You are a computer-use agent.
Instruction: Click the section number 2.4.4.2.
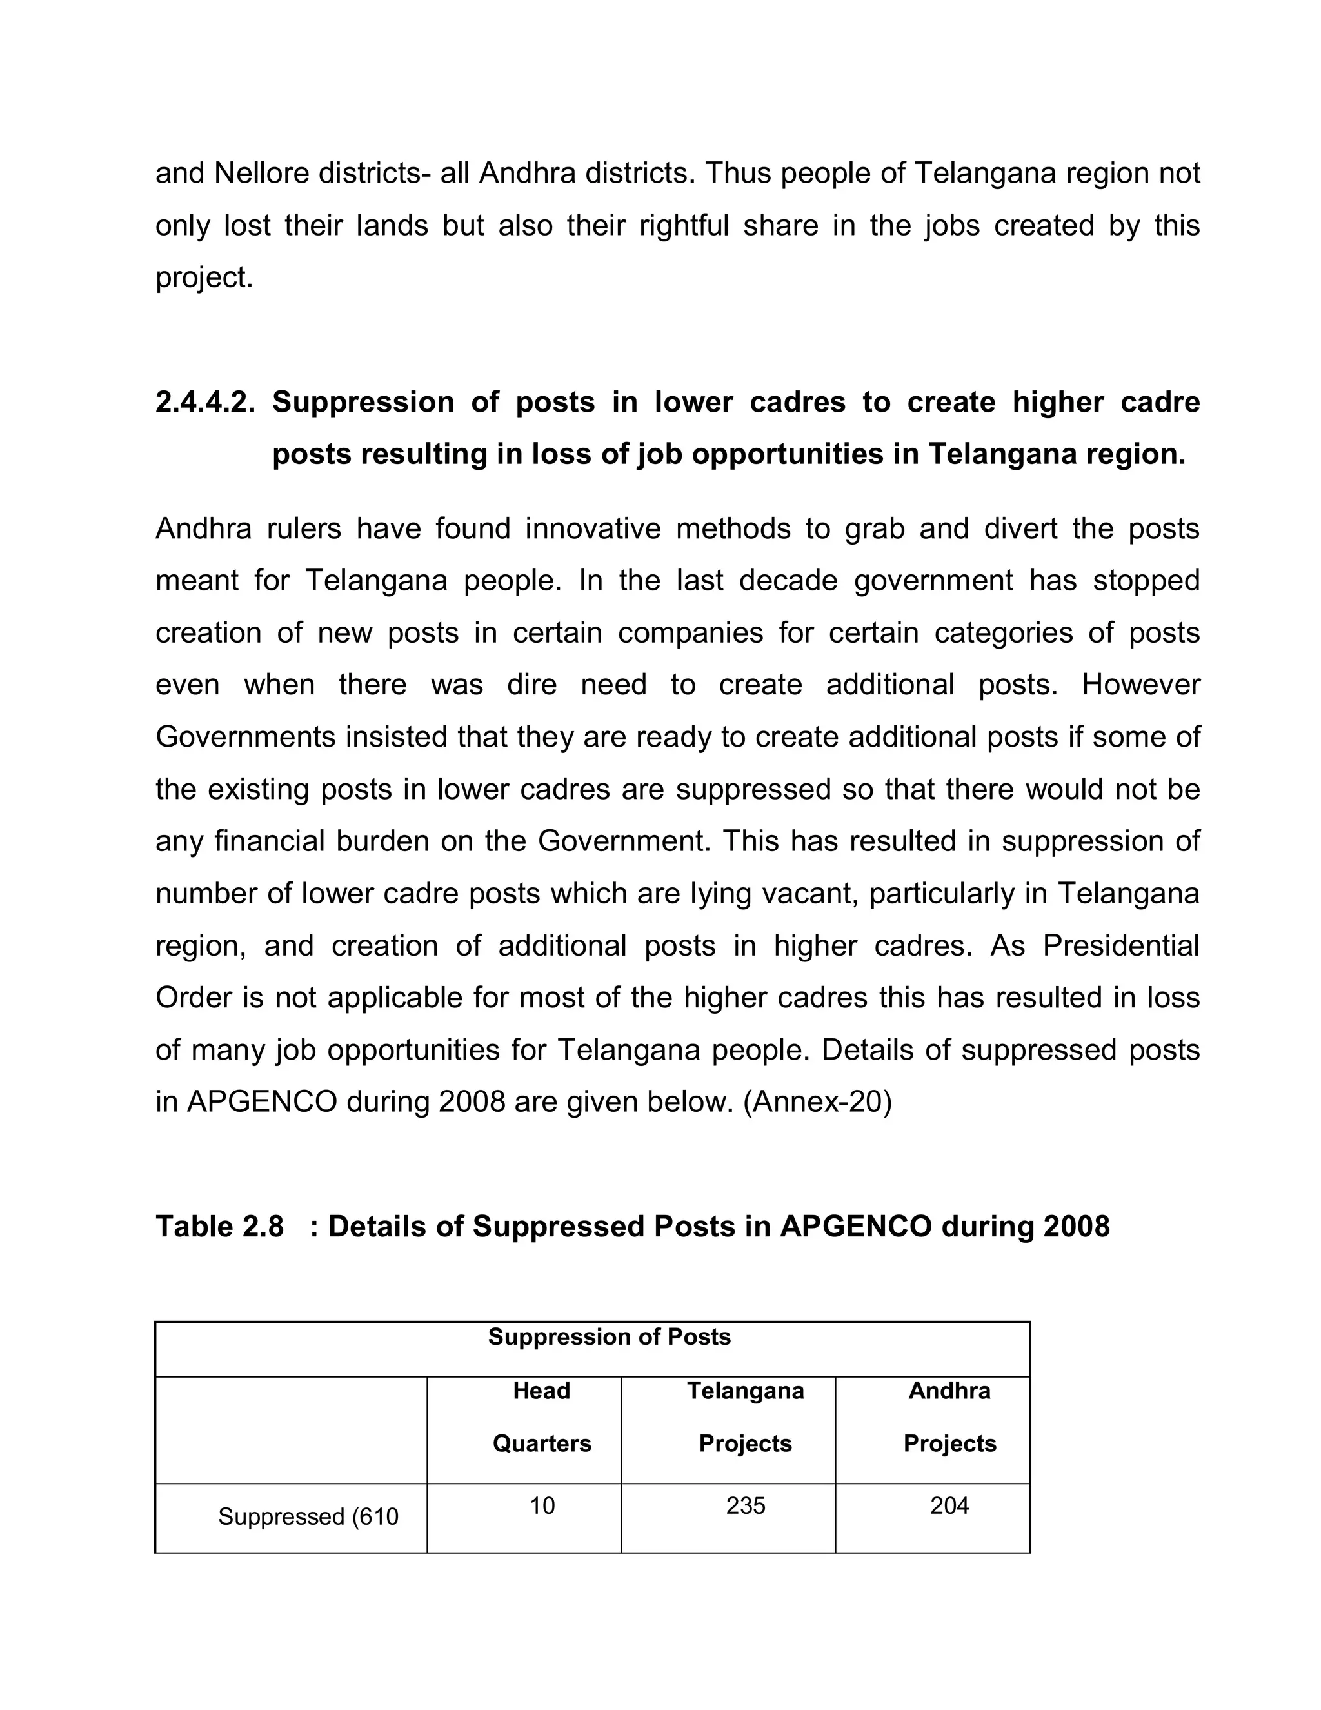[x=205, y=403]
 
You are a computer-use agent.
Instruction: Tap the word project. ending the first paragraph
[x=204, y=278]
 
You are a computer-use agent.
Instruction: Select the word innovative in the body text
[x=591, y=528]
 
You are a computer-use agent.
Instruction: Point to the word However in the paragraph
[x=1140, y=685]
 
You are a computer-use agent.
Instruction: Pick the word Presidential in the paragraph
[x=1120, y=946]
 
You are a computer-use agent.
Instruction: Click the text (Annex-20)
[x=817, y=1102]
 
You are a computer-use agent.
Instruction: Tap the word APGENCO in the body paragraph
[x=261, y=1102]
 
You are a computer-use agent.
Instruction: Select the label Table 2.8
[x=219, y=1227]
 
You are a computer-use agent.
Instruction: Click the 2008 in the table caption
[x=1076, y=1227]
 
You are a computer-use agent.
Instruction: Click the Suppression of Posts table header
[x=609, y=1336]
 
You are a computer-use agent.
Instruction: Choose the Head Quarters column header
[x=542, y=1417]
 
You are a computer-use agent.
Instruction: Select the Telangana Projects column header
[x=745, y=1417]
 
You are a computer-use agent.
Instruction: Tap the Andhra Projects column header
[x=949, y=1417]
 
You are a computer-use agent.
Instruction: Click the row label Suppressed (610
[x=308, y=1516]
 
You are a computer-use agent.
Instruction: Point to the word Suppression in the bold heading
[x=363, y=403]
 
